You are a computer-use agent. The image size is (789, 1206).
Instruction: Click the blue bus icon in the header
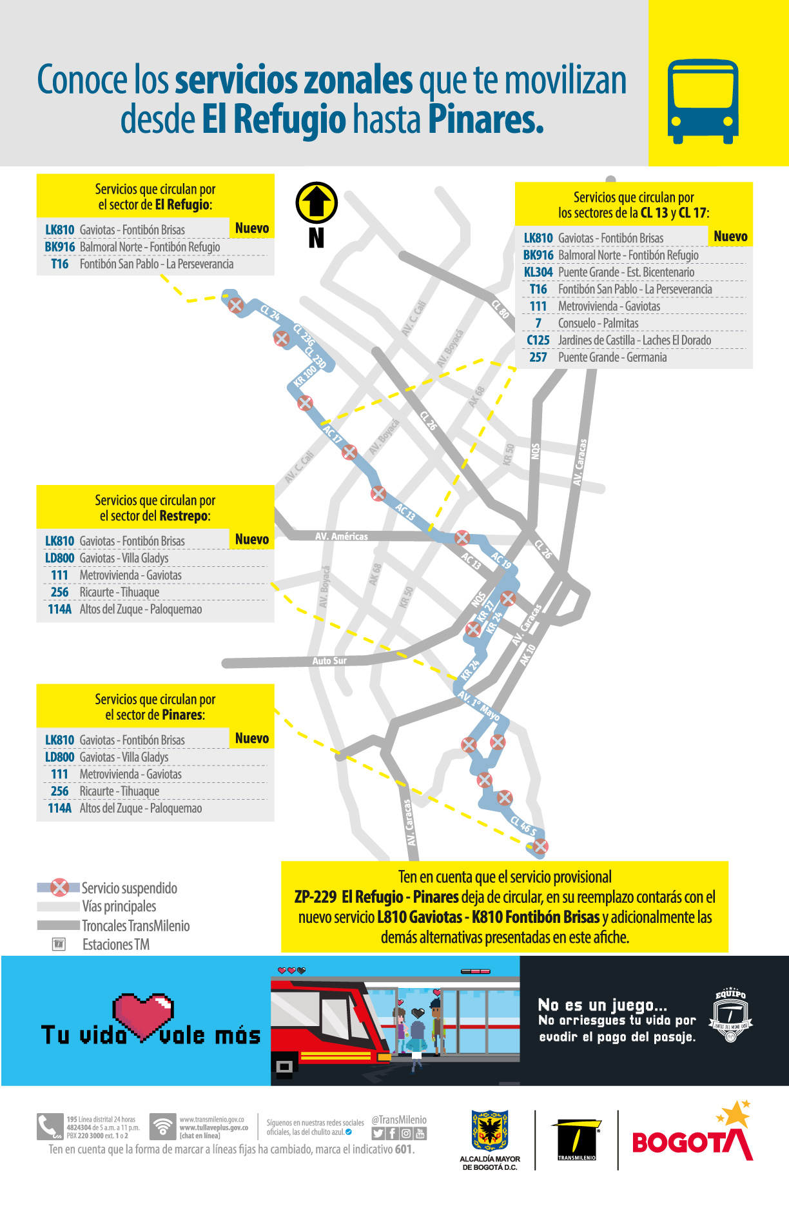pos(703,101)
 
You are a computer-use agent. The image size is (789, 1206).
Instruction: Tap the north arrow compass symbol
pos(317,203)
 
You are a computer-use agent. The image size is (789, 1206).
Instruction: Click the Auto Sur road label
pos(329,661)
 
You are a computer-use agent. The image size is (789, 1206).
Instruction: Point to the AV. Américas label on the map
pos(342,537)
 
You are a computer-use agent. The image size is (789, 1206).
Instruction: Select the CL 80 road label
pos(500,310)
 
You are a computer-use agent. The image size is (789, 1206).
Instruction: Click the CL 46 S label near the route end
pos(523,825)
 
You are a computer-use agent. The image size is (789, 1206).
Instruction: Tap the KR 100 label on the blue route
pos(305,375)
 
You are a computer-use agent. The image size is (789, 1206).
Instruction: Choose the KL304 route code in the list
pos(538,272)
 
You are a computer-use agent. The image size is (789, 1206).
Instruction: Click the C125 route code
pos(538,341)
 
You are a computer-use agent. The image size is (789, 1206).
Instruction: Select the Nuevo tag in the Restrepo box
pos(252,540)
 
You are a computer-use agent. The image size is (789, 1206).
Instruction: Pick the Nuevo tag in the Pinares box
pos(252,738)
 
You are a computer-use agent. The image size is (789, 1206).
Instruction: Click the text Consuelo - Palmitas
pos(598,324)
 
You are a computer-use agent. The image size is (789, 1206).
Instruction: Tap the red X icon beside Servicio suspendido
pos(60,888)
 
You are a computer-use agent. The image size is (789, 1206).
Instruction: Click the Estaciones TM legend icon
pos(59,944)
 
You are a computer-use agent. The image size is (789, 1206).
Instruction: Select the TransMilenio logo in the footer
pos(576,1140)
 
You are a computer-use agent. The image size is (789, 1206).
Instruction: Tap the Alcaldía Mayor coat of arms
pos(490,1130)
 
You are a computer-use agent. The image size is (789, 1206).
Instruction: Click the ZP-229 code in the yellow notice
pos(315,897)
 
